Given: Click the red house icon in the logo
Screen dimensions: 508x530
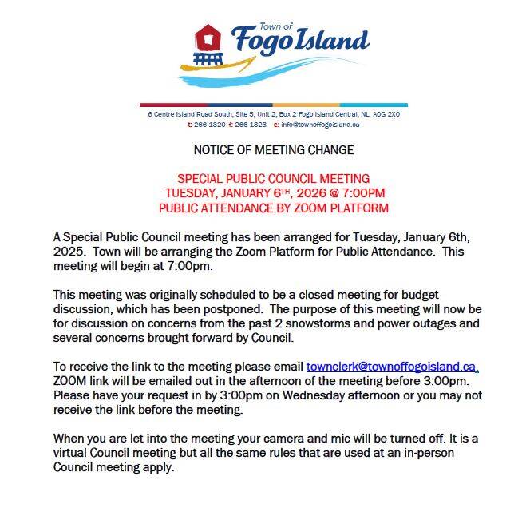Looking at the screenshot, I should tap(209, 36).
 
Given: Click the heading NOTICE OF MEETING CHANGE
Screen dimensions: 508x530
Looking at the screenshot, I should tap(273, 149).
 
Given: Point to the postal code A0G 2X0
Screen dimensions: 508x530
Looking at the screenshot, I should tap(386, 115).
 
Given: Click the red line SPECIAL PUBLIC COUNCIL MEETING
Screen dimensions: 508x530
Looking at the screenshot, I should tap(273, 179).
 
